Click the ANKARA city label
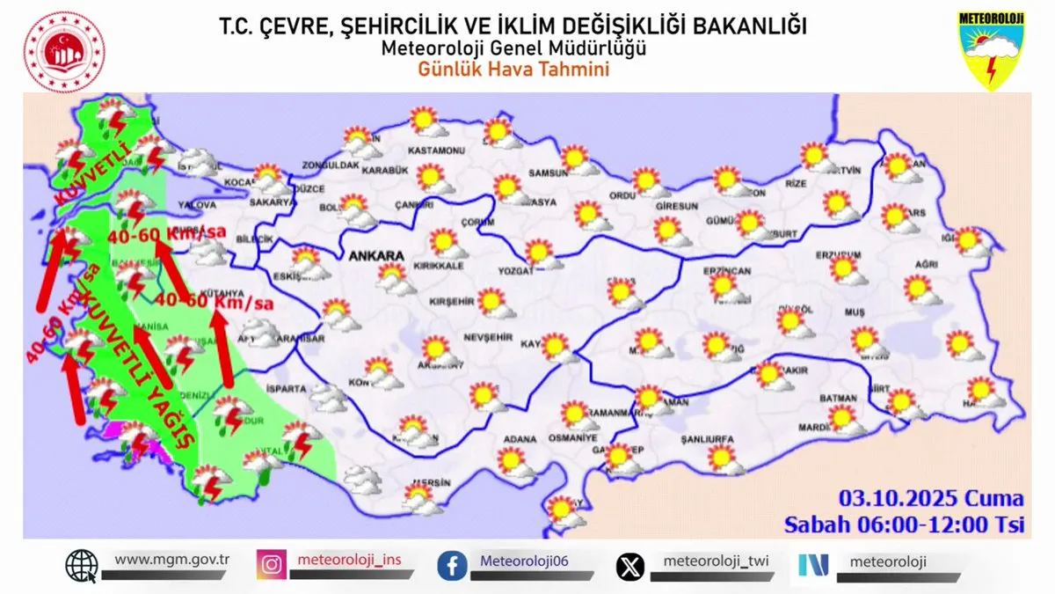coord(376,256)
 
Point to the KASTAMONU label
coord(440,151)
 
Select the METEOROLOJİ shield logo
coord(992,50)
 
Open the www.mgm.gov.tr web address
coord(172,560)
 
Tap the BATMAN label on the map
coord(837,399)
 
